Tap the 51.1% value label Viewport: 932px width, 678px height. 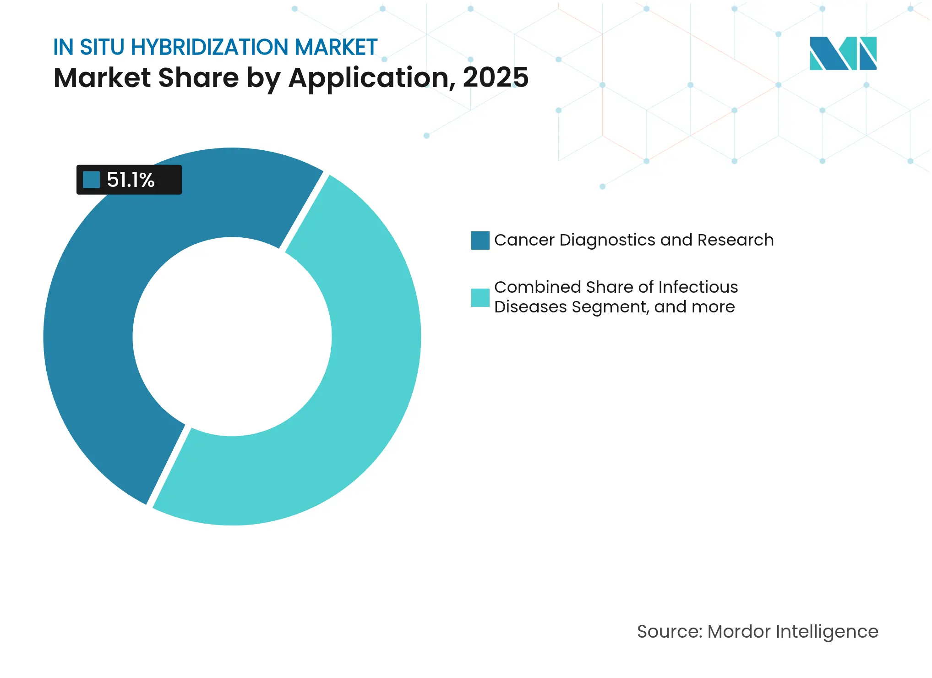click(x=131, y=180)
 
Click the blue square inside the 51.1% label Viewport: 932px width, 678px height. click(x=91, y=180)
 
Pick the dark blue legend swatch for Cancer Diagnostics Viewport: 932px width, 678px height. click(x=480, y=241)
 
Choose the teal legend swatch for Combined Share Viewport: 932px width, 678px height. click(x=480, y=297)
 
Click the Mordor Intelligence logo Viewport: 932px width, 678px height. click(x=843, y=54)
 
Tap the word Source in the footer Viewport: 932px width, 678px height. click(x=669, y=632)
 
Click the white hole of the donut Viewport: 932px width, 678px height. click(x=232, y=337)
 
